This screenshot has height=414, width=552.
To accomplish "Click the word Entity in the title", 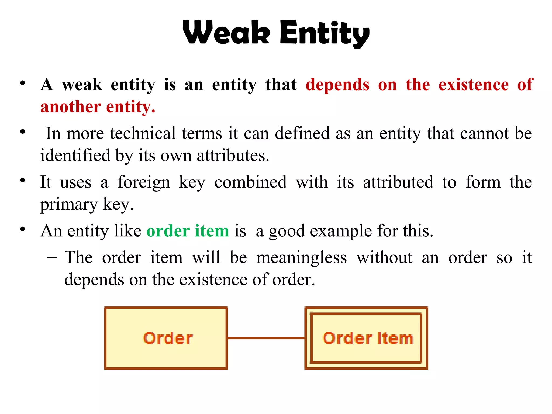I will tap(325, 33).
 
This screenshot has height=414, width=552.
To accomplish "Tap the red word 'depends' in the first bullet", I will tap(337, 85).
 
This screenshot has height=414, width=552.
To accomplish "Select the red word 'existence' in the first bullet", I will tap(474, 85).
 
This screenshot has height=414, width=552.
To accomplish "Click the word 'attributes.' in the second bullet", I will tap(233, 156).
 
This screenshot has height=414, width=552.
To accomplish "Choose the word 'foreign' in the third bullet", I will tap(144, 182).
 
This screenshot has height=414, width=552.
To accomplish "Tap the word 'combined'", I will tap(250, 182).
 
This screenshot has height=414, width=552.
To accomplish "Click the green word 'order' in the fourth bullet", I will tap(168, 231).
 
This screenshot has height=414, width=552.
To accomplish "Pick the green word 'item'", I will tap(212, 231).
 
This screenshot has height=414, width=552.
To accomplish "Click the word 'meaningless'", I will tap(301, 258).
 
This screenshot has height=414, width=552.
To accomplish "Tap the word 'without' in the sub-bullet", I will tap(384, 257).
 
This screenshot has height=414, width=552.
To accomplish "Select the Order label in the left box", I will tap(168, 338).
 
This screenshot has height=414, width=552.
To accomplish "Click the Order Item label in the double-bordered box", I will tap(368, 338).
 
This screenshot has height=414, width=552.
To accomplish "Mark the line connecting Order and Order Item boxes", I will tap(266, 338).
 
